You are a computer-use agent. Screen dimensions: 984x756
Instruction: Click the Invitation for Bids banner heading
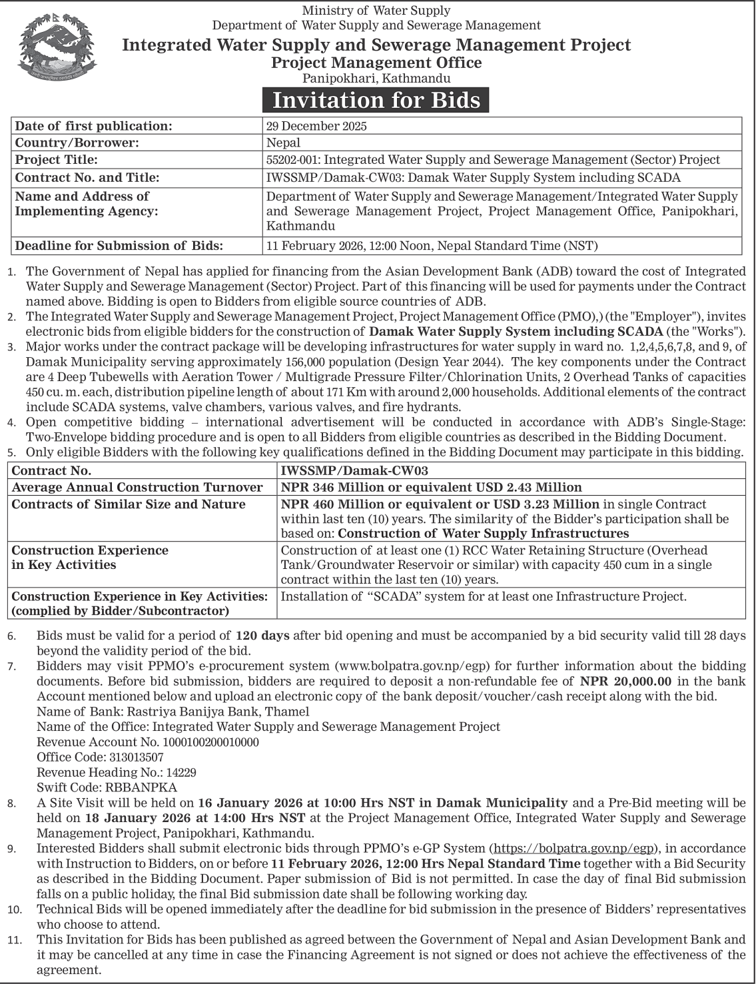(376, 100)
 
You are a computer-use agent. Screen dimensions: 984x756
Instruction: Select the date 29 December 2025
(316, 126)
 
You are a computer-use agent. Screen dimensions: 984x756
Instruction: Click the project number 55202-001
(293, 160)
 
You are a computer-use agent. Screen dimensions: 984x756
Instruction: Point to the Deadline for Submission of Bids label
(119, 246)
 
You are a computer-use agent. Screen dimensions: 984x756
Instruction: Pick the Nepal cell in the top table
(283, 143)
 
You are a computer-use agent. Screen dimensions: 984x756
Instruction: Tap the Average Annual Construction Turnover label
(137, 488)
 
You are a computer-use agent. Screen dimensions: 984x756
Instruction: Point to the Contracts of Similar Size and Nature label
(129, 504)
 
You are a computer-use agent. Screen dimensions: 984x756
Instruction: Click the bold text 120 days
(262, 636)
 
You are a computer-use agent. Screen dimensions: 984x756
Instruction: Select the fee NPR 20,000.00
(625, 681)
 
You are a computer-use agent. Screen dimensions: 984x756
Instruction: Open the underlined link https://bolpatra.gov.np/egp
(575, 848)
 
